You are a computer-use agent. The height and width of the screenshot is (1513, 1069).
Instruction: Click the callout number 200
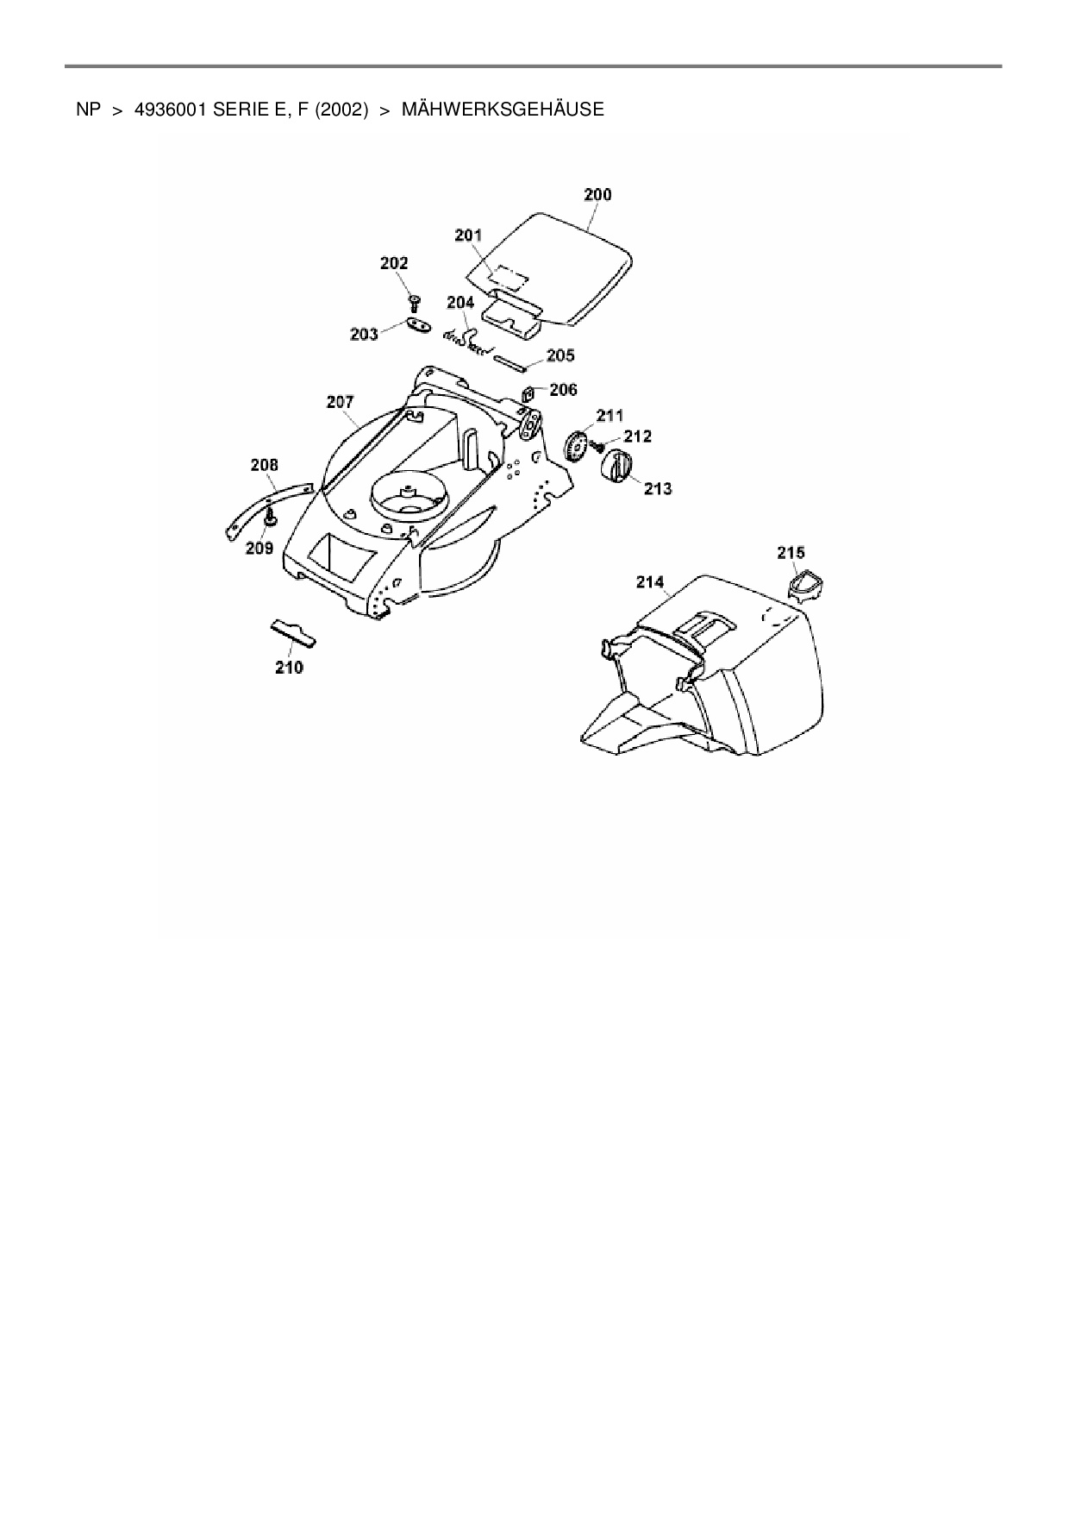pyautogui.click(x=597, y=195)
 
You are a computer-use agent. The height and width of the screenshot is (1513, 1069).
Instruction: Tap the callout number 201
pyautogui.click(x=468, y=235)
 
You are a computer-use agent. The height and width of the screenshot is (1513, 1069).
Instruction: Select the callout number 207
pyautogui.click(x=340, y=401)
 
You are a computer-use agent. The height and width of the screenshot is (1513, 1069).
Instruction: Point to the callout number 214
pyautogui.click(x=650, y=582)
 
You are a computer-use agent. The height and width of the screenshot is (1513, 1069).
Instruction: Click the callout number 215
pyautogui.click(x=791, y=552)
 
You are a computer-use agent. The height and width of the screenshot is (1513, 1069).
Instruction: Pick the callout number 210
pyautogui.click(x=289, y=667)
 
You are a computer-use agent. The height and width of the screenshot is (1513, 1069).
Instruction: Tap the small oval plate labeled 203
pyautogui.click(x=417, y=325)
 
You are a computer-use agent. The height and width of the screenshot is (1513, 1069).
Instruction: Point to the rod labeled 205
pyautogui.click(x=516, y=362)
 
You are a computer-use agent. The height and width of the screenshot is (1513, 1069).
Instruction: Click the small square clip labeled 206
pyautogui.click(x=527, y=394)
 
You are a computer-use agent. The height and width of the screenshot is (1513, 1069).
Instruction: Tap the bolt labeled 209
pyautogui.click(x=271, y=518)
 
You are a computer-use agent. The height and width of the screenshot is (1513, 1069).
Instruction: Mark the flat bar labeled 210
pyautogui.click(x=293, y=633)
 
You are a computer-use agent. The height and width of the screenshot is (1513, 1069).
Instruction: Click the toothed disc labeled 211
pyautogui.click(x=577, y=447)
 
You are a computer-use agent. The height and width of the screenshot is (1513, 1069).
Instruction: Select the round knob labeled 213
pyautogui.click(x=616, y=467)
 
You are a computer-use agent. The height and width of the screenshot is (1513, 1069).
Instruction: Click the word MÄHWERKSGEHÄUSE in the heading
pyautogui.click(x=503, y=110)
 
